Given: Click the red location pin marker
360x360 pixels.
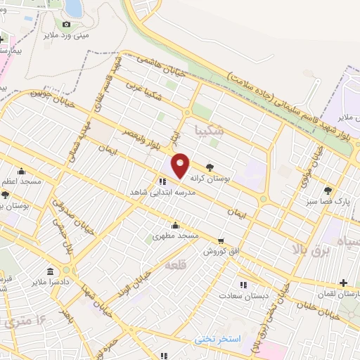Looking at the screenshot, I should tap(181, 165).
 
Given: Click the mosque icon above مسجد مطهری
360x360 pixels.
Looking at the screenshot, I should tap(175, 226).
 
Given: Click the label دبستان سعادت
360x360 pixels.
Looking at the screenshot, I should tap(243, 296).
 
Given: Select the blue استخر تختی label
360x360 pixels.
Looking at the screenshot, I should tap(218, 339).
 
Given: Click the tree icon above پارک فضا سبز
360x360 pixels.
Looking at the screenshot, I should tap(328, 190).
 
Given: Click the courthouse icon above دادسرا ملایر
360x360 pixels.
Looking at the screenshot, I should tap(50, 271).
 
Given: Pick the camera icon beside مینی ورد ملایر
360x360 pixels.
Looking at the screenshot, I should tap(67, 23).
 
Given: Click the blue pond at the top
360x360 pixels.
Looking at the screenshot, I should tap(72, 7).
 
